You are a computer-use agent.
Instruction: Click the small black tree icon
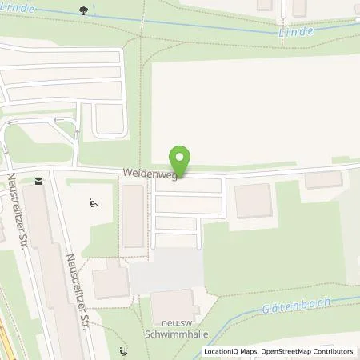84,10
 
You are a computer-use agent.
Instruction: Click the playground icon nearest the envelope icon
93,204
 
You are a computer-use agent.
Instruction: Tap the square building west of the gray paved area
109,280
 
